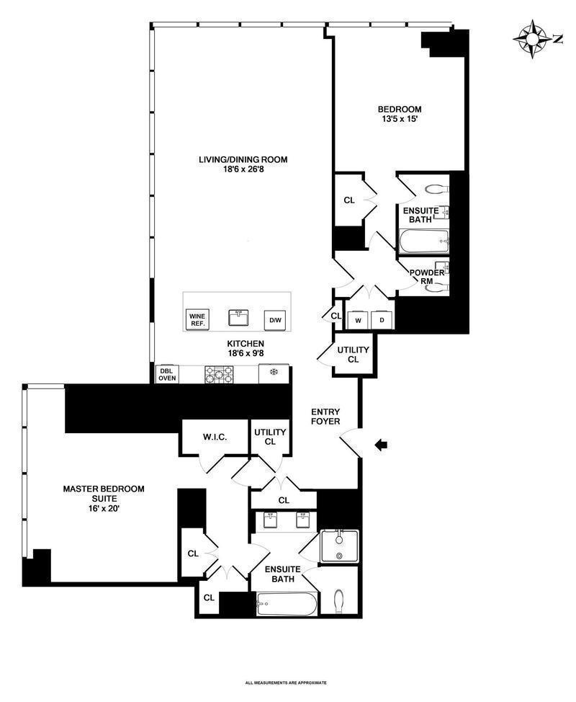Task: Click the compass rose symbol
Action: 532,40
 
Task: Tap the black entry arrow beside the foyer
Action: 381,445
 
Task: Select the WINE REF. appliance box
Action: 197,320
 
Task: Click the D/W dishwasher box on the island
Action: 275,320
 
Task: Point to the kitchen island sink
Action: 238,319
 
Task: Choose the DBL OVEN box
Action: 167,374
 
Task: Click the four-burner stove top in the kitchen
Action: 219,375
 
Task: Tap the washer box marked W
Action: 359,321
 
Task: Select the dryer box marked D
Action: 382,321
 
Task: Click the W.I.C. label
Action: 215,437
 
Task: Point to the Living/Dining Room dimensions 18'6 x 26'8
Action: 243,169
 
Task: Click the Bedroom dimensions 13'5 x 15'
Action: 400,119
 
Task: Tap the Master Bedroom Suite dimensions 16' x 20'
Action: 104,509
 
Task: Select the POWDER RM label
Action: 427,277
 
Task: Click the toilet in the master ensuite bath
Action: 339,601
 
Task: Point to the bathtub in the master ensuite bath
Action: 287,604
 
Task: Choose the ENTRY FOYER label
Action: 325,417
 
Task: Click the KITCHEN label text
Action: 246,344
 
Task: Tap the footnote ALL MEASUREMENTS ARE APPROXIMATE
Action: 287,683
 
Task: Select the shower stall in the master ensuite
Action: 340,546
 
